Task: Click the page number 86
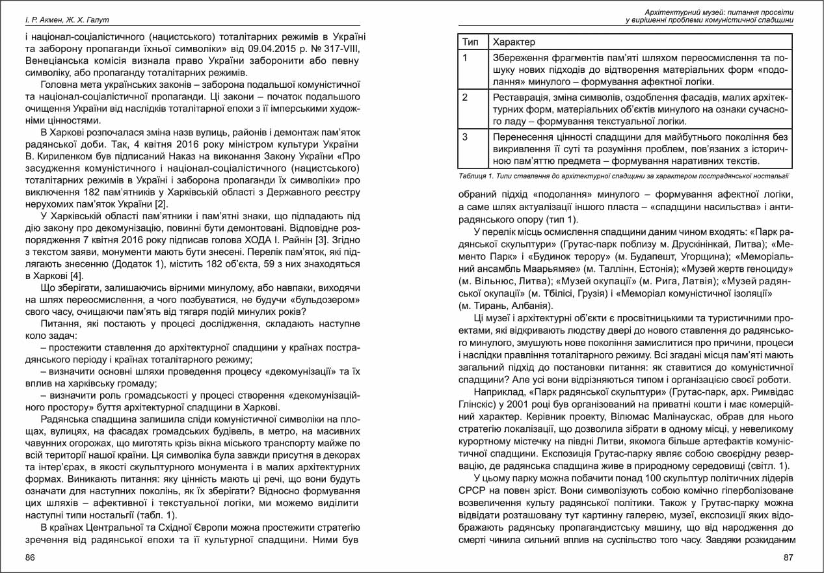(30, 557)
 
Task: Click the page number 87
(789, 557)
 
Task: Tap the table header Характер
(514, 42)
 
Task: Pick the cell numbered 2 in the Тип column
(466, 98)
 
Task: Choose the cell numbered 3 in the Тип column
(466, 137)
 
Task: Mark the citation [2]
(160, 206)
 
